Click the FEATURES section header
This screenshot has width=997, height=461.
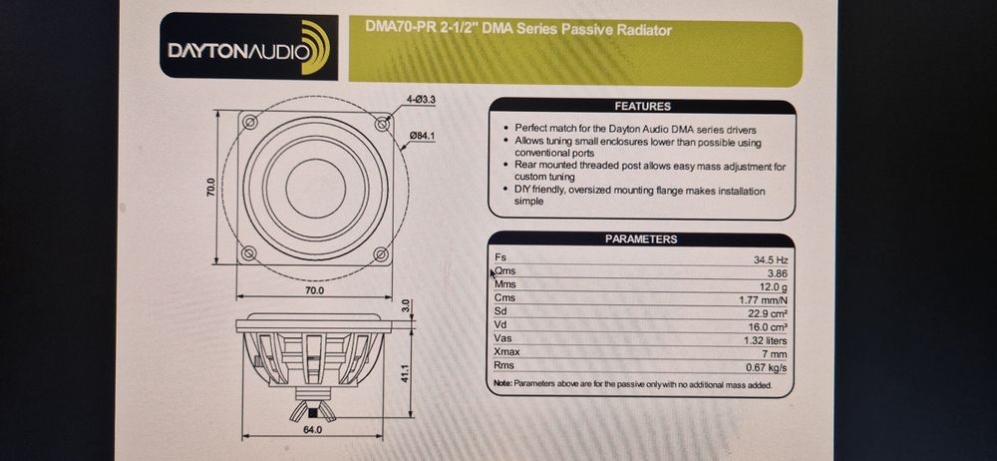click(x=641, y=106)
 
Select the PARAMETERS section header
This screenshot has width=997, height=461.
click(x=641, y=239)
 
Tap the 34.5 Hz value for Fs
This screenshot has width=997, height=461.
click(x=771, y=259)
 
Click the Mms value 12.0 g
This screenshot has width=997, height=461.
click(x=774, y=285)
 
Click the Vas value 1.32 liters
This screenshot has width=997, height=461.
click(x=768, y=339)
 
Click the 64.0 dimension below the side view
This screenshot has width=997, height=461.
click(x=312, y=430)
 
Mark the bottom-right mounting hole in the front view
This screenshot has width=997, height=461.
click(x=381, y=254)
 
